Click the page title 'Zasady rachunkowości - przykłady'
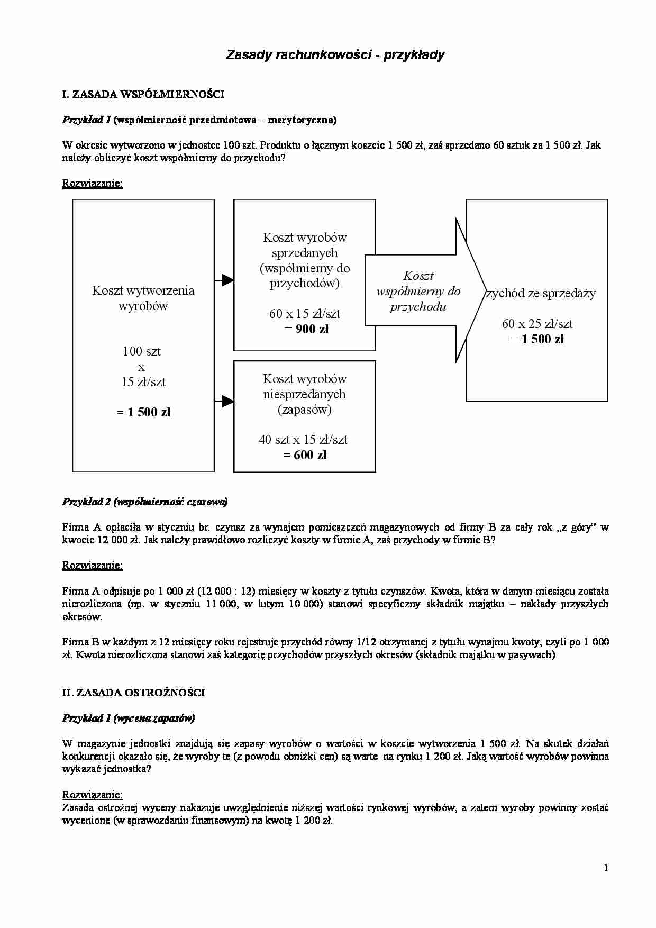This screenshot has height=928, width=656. click(335, 55)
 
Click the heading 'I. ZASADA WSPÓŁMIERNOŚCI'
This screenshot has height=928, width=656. click(143, 95)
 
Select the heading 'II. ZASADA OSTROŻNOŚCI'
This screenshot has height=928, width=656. click(133, 693)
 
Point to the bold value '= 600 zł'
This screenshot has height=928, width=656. click(305, 455)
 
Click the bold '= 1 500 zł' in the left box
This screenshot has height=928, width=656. click(143, 412)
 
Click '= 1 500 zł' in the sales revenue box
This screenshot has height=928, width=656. click(537, 339)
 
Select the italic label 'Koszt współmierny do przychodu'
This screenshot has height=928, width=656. click(418, 291)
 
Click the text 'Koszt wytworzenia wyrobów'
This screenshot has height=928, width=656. click(143, 298)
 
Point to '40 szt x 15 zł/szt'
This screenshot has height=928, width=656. click(303, 440)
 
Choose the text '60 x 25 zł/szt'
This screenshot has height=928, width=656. click(537, 324)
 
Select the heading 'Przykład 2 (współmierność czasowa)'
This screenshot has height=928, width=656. click(145, 502)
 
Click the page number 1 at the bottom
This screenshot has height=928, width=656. click(606, 868)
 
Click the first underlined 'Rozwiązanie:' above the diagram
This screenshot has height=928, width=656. click(93, 184)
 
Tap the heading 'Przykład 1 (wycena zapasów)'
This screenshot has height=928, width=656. click(129, 718)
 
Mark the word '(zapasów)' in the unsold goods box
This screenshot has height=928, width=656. click(305, 410)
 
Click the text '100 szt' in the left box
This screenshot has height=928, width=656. click(142, 351)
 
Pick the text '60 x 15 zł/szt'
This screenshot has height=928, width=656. click(305, 314)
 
